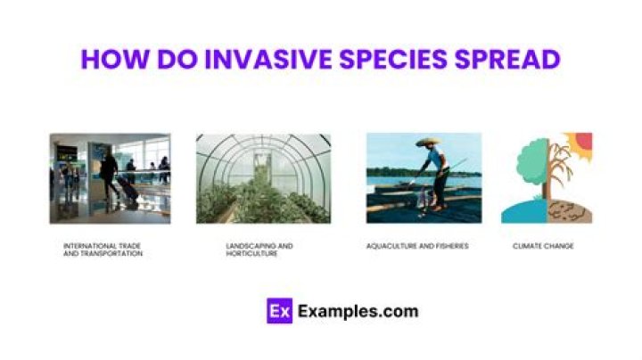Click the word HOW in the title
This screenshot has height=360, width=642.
point(111,59)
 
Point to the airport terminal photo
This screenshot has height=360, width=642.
point(110,178)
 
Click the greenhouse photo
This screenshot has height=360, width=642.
point(263,178)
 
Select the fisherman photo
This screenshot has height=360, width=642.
point(424,178)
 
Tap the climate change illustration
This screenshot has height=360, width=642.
point(546,178)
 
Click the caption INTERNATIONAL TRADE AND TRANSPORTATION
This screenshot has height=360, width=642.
point(103,250)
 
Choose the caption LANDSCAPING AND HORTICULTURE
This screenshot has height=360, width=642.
point(259,250)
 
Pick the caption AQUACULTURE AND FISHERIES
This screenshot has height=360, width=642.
point(416,246)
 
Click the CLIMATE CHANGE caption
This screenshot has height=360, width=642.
point(542,246)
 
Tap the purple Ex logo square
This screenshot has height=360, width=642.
point(279,311)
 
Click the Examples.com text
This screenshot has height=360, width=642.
point(358,312)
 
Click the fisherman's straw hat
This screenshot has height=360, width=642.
point(428,143)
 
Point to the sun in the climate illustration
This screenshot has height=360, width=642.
point(584,141)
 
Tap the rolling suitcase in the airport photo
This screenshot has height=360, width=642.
point(127,192)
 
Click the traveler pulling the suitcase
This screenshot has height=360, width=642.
point(109,174)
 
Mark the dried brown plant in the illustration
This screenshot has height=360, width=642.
point(562,174)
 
